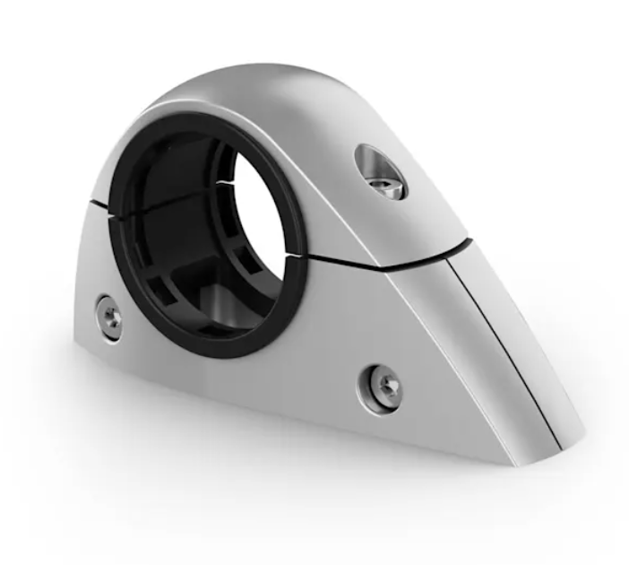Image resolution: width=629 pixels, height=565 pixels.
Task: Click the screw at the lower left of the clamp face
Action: click(x=108, y=315)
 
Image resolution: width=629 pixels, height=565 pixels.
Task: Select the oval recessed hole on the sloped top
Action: click(x=379, y=170)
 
